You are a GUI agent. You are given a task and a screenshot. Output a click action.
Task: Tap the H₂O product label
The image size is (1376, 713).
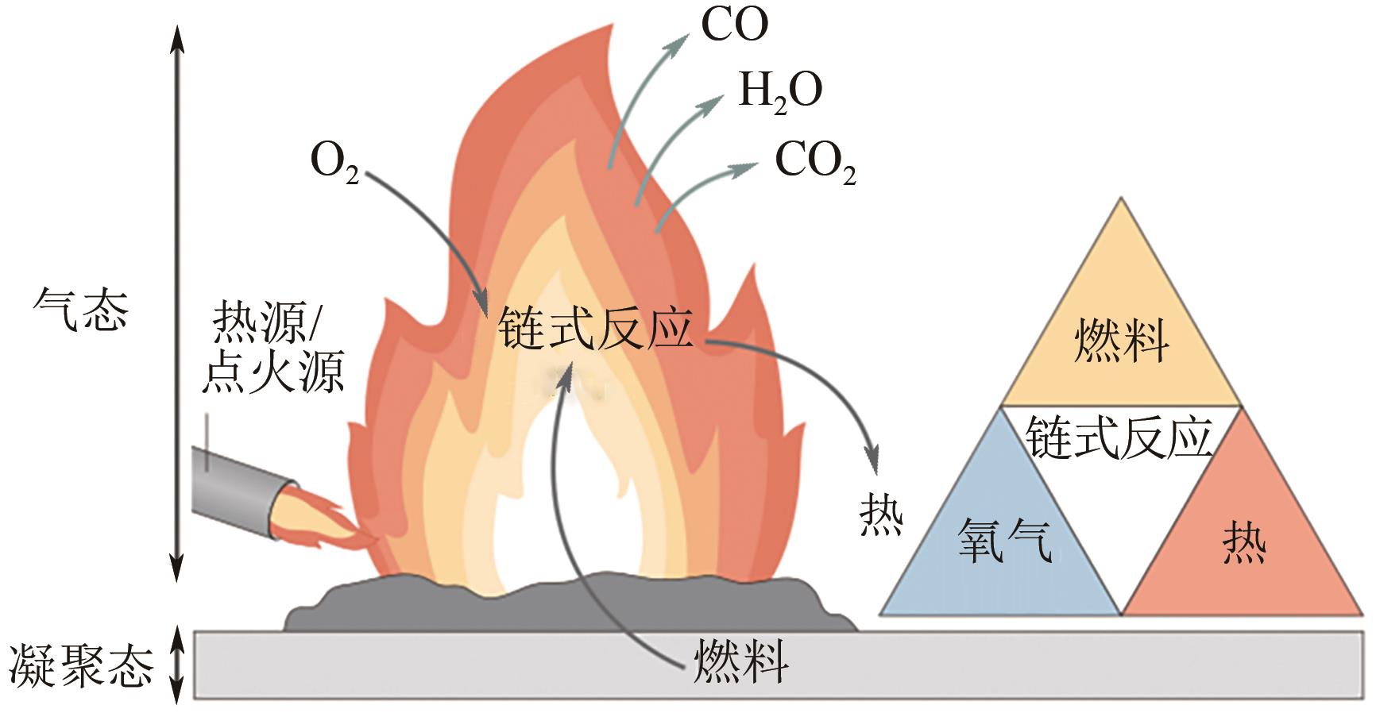[779, 92]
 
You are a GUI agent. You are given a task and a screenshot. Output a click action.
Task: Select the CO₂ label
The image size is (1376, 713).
[814, 162]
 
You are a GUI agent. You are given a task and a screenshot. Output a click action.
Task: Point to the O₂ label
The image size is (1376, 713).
[334, 162]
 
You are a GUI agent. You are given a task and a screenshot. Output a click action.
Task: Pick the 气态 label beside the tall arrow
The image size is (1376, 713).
[81, 310]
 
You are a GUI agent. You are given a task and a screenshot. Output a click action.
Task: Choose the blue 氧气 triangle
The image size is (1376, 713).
[1003, 540]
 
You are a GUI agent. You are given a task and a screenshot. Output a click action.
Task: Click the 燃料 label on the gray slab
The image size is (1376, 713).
[740, 661]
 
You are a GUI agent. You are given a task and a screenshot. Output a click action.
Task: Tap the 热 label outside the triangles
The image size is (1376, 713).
[881, 516]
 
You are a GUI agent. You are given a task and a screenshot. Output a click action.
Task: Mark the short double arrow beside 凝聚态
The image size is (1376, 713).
[177, 665]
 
